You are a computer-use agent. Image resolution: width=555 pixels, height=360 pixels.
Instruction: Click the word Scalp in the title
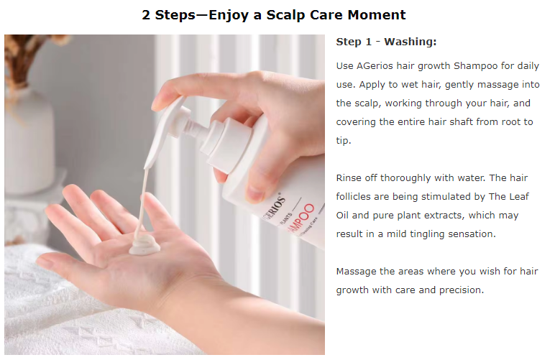pyautogui.click(x=286, y=15)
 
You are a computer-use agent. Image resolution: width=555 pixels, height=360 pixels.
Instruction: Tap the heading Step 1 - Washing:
pyautogui.click(x=386, y=42)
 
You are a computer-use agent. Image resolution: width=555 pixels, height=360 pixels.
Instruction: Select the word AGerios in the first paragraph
pyautogui.click(x=375, y=66)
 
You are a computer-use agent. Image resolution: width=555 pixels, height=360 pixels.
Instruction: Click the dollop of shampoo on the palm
pyautogui.click(x=144, y=244)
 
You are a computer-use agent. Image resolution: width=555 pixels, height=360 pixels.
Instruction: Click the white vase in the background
pyautogui.click(x=29, y=142)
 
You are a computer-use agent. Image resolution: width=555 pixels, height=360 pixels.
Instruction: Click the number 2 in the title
pyautogui.click(x=146, y=15)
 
